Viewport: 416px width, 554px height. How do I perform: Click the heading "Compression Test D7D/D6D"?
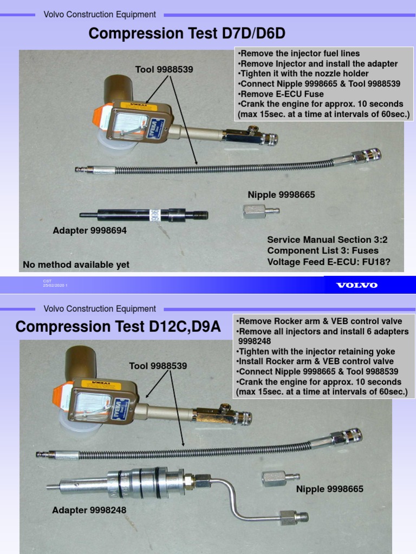[x=187, y=34]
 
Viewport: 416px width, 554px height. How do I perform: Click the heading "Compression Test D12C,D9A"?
[x=118, y=327]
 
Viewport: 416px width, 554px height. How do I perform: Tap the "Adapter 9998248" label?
[x=89, y=510]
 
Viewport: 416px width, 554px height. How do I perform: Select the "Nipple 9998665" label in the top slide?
[x=281, y=194]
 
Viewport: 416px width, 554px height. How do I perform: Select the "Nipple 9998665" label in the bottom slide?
[x=329, y=489]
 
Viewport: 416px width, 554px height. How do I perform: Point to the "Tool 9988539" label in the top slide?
[x=164, y=69]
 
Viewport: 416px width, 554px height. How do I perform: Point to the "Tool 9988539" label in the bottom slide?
[x=158, y=366]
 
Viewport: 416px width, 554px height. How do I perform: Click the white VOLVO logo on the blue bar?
[x=357, y=285]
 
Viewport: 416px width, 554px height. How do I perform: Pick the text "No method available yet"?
[x=76, y=265]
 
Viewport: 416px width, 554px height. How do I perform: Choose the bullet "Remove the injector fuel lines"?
[x=298, y=54]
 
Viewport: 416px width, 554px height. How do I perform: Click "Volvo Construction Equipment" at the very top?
[x=100, y=15]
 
